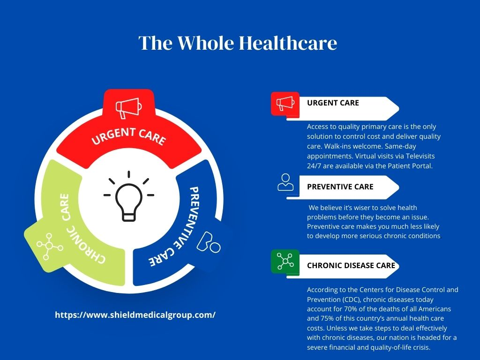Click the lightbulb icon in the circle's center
129,196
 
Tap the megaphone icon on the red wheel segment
128,108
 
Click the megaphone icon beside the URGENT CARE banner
285,104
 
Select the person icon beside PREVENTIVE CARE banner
285,182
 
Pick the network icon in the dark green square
285,261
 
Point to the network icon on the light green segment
50,246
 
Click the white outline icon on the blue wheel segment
208,242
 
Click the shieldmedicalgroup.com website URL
135,315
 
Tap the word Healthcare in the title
288,43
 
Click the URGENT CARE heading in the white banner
333,103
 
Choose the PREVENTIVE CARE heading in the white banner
340,187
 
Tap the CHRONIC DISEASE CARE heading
351,265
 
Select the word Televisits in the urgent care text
420,156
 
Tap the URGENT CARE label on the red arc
129,136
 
